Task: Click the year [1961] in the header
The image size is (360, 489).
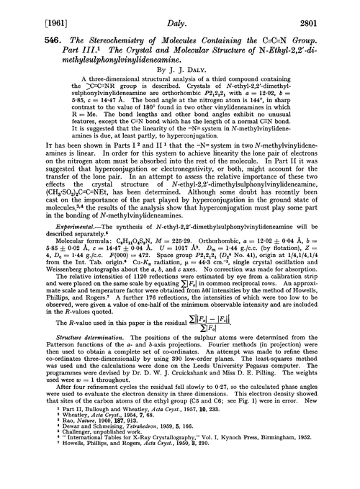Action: coord(22,12)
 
